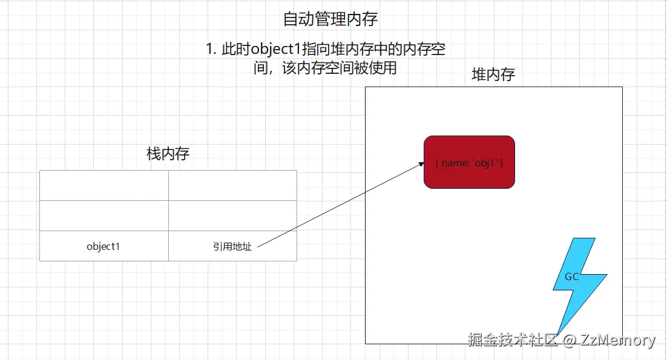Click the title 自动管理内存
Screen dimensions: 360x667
click(330, 19)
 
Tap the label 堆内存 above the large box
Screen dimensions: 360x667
click(493, 75)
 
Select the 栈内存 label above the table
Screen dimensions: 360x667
click(168, 154)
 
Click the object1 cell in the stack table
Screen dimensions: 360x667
click(103, 246)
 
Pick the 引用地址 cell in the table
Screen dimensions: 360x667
click(232, 246)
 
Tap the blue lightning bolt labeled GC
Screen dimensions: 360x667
click(575, 278)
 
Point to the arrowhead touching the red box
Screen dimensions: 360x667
click(420, 163)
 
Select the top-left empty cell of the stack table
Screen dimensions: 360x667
click(104, 185)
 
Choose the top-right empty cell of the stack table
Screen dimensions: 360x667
click(232, 185)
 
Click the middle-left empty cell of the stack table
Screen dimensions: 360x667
click(104, 216)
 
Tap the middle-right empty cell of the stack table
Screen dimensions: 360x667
click(232, 216)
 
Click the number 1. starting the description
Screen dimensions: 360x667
click(211, 50)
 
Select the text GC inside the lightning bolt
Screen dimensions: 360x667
click(571, 277)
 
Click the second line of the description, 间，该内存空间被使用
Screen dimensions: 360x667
click(326, 68)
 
